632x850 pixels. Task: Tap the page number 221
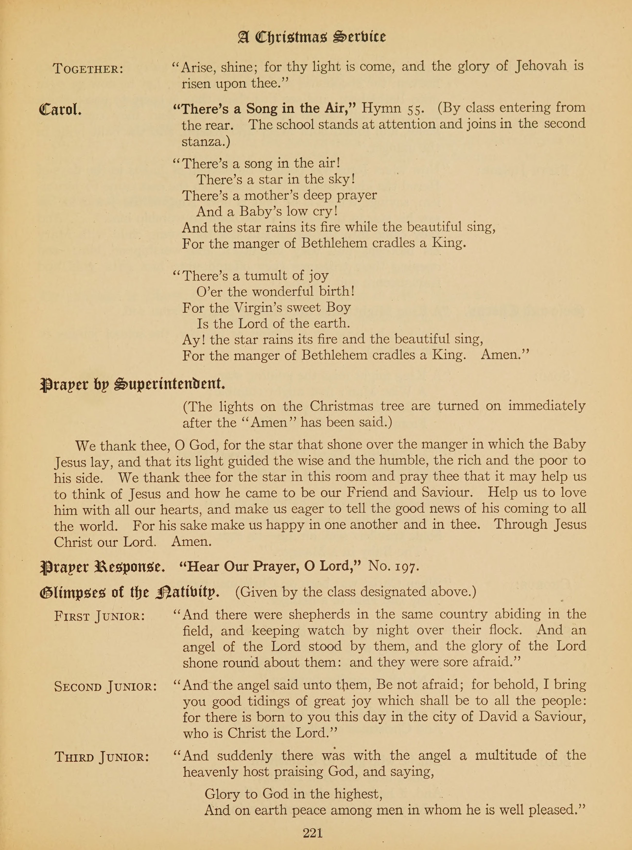(x=312, y=833)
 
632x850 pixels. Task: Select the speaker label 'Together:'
(x=88, y=69)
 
